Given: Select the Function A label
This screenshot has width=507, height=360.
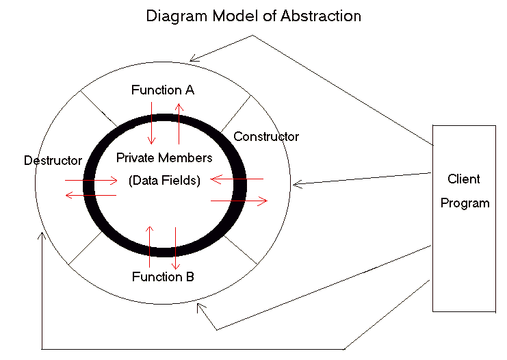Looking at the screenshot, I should (163, 90).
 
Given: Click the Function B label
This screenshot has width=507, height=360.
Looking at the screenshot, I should (163, 277).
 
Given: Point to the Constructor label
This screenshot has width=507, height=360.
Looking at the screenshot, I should (266, 137).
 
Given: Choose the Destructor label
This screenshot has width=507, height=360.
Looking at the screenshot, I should (53, 161).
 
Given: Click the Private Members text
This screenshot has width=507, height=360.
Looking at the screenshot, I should (164, 158).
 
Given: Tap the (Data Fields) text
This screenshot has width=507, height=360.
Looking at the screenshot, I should (164, 181).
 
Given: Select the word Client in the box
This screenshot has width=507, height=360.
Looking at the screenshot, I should (464, 179).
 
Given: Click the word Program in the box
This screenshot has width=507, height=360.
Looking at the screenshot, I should (465, 203).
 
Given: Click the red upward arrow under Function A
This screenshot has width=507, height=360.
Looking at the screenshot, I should (179, 123).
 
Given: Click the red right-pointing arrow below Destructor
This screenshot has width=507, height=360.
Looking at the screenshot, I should (92, 181).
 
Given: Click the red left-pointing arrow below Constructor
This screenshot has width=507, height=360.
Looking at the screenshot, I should (236, 179).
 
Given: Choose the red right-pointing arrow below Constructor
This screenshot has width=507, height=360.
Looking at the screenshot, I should (239, 201).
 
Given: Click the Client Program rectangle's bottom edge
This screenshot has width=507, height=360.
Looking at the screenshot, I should (463, 311).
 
